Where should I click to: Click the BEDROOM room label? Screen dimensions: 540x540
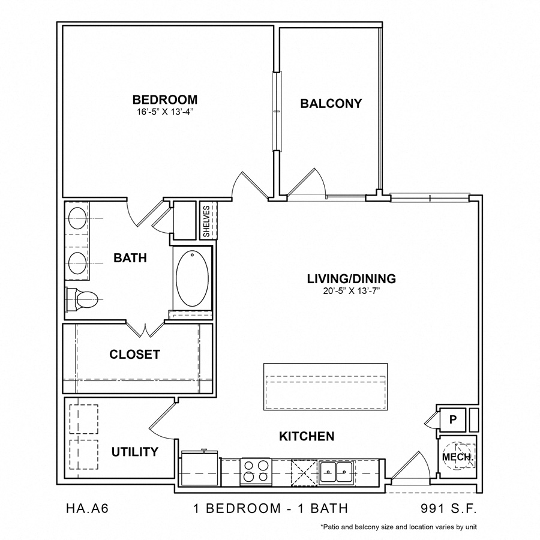pos(165,100)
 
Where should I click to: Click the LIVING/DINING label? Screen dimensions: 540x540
pos(351,278)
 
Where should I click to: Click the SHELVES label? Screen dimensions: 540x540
pos(207,221)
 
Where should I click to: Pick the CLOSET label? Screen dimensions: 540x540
pos(134,355)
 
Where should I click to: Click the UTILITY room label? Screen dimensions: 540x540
pos(134,452)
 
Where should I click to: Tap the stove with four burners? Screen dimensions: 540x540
pos(256,470)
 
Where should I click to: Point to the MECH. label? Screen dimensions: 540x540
pos(458,457)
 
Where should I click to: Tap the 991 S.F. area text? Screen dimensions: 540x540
pos(449,509)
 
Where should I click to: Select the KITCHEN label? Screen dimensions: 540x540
pos(307,436)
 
